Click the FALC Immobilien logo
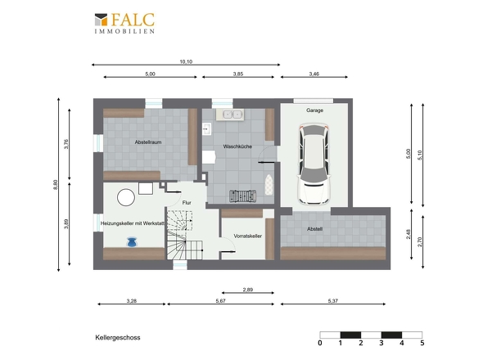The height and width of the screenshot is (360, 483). (x=124, y=23)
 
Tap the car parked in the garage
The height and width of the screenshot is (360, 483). (x=314, y=164)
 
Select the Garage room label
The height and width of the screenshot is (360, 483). (x=315, y=110)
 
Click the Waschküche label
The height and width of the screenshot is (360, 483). (x=237, y=146)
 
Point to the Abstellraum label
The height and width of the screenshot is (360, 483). (x=148, y=142)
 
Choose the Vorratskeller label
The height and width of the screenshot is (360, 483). (x=248, y=236)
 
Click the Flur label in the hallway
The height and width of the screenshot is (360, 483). (x=187, y=203)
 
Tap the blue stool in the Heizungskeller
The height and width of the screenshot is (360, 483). (x=132, y=242)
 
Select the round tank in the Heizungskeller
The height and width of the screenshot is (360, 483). (x=126, y=197)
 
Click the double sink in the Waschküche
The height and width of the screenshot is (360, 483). (x=232, y=115)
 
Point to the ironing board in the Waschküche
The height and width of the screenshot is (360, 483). (x=269, y=184)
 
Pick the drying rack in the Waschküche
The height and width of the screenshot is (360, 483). (x=243, y=196)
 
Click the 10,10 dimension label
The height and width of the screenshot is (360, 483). (x=186, y=61)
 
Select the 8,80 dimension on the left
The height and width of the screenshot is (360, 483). (x=56, y=185)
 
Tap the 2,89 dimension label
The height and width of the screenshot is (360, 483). (x=248, y=290)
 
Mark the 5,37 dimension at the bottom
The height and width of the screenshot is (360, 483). (x=333, y=300)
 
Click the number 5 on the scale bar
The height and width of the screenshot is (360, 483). (x=422, y=343)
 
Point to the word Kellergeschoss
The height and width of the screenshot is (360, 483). (x=118, y=338)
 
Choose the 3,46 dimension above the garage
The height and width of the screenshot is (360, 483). (x=314, y=74)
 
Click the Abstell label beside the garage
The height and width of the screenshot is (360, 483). (x=315, y=229)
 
